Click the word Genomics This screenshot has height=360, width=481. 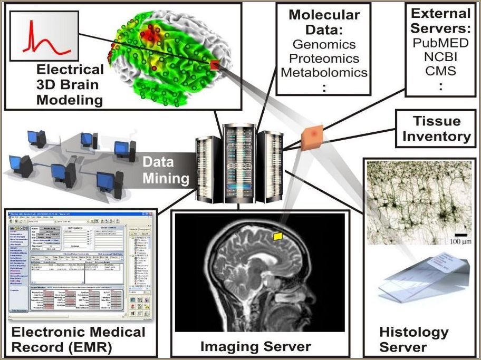324,44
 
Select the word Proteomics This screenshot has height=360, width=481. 324,58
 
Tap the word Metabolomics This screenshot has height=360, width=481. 324,72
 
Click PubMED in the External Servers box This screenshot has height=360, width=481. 440,42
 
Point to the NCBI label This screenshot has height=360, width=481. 440,56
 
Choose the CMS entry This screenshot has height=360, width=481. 440,70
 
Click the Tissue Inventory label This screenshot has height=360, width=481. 436,129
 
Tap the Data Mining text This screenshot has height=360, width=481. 166,170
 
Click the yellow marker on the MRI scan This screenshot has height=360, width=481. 277,237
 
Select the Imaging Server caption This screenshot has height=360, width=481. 256,346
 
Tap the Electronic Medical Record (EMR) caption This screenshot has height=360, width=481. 78,339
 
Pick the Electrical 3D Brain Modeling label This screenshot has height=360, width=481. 70,85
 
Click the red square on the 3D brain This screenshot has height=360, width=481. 215,64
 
